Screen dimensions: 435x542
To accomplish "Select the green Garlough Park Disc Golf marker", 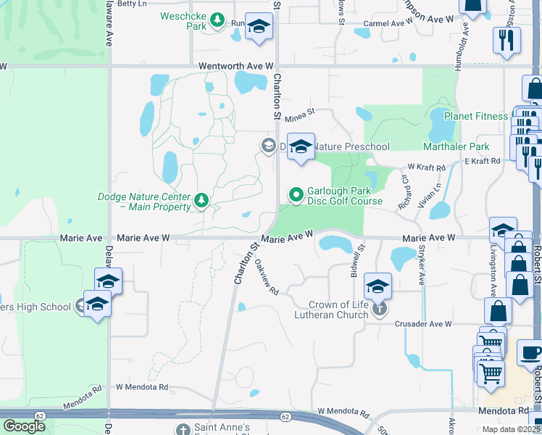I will tap(296, 194).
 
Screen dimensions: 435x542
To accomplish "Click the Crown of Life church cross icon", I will tap(378, 310).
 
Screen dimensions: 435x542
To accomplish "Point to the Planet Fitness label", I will tap(475, 116).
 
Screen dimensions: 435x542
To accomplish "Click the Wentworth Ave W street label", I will tap(236, 65).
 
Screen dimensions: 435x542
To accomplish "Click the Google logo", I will tap(24, 426).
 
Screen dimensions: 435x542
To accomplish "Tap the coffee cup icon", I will tap(531, 354).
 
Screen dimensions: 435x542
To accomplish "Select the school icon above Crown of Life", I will tap(378, 286).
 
